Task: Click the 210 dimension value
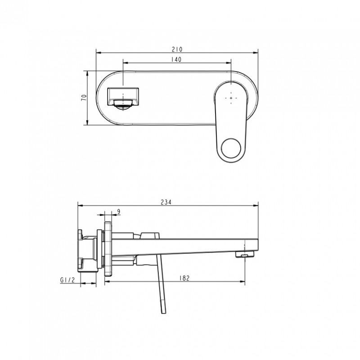coord(177,49)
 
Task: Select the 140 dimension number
coord(176,59)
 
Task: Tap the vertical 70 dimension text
coord(85,98)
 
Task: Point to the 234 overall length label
coord(166,202)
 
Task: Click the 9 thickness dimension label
coord(118,211)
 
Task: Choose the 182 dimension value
coord(184,278)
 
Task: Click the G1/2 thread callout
coord(67,280)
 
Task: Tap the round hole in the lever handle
coord(231,148)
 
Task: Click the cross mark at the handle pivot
coord(231,98)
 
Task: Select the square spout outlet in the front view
coord(123,96)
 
